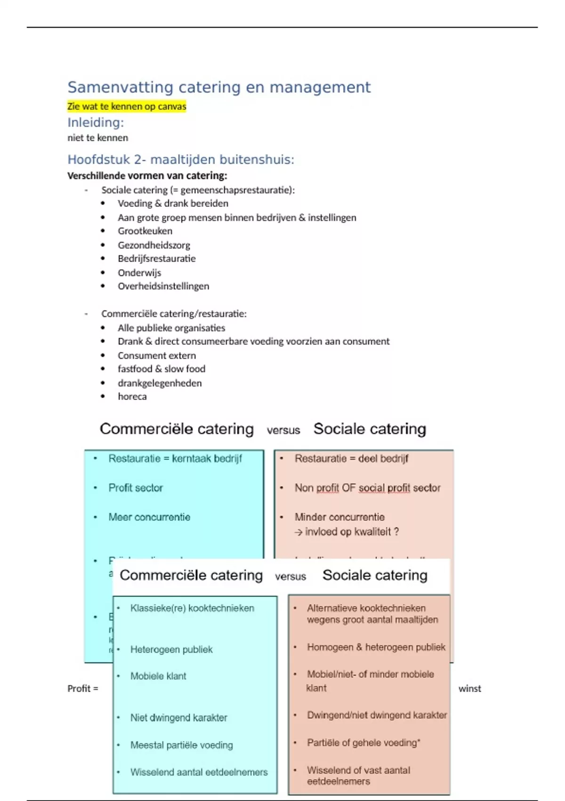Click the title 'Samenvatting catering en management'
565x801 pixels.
[219, 87]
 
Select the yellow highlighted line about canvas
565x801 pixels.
[127, 106]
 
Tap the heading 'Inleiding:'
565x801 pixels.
[96, 123]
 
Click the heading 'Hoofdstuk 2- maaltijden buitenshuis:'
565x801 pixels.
[181, 160]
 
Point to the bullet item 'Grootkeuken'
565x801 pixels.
[145, 231]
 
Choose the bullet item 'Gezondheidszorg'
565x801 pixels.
[154, 245]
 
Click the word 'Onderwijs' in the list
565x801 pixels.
[139, 273]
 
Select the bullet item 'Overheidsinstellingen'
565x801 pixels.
[163, 286]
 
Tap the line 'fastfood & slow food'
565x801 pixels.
[161, 369]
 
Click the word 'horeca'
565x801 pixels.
[132, 396]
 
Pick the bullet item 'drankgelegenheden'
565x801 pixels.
[160, 383]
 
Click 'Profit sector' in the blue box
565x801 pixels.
[136, 488]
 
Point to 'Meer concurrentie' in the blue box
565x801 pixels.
[149, 517]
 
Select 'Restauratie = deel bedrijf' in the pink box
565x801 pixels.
[351, 458]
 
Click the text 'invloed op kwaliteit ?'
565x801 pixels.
[352, 532]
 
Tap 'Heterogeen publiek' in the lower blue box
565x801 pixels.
[171, 649]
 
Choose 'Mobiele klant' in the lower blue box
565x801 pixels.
[158, 676]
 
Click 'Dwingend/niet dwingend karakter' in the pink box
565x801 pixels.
[377, 715]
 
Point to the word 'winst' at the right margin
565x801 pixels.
[469, 688]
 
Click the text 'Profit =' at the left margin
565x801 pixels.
[83, 688]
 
